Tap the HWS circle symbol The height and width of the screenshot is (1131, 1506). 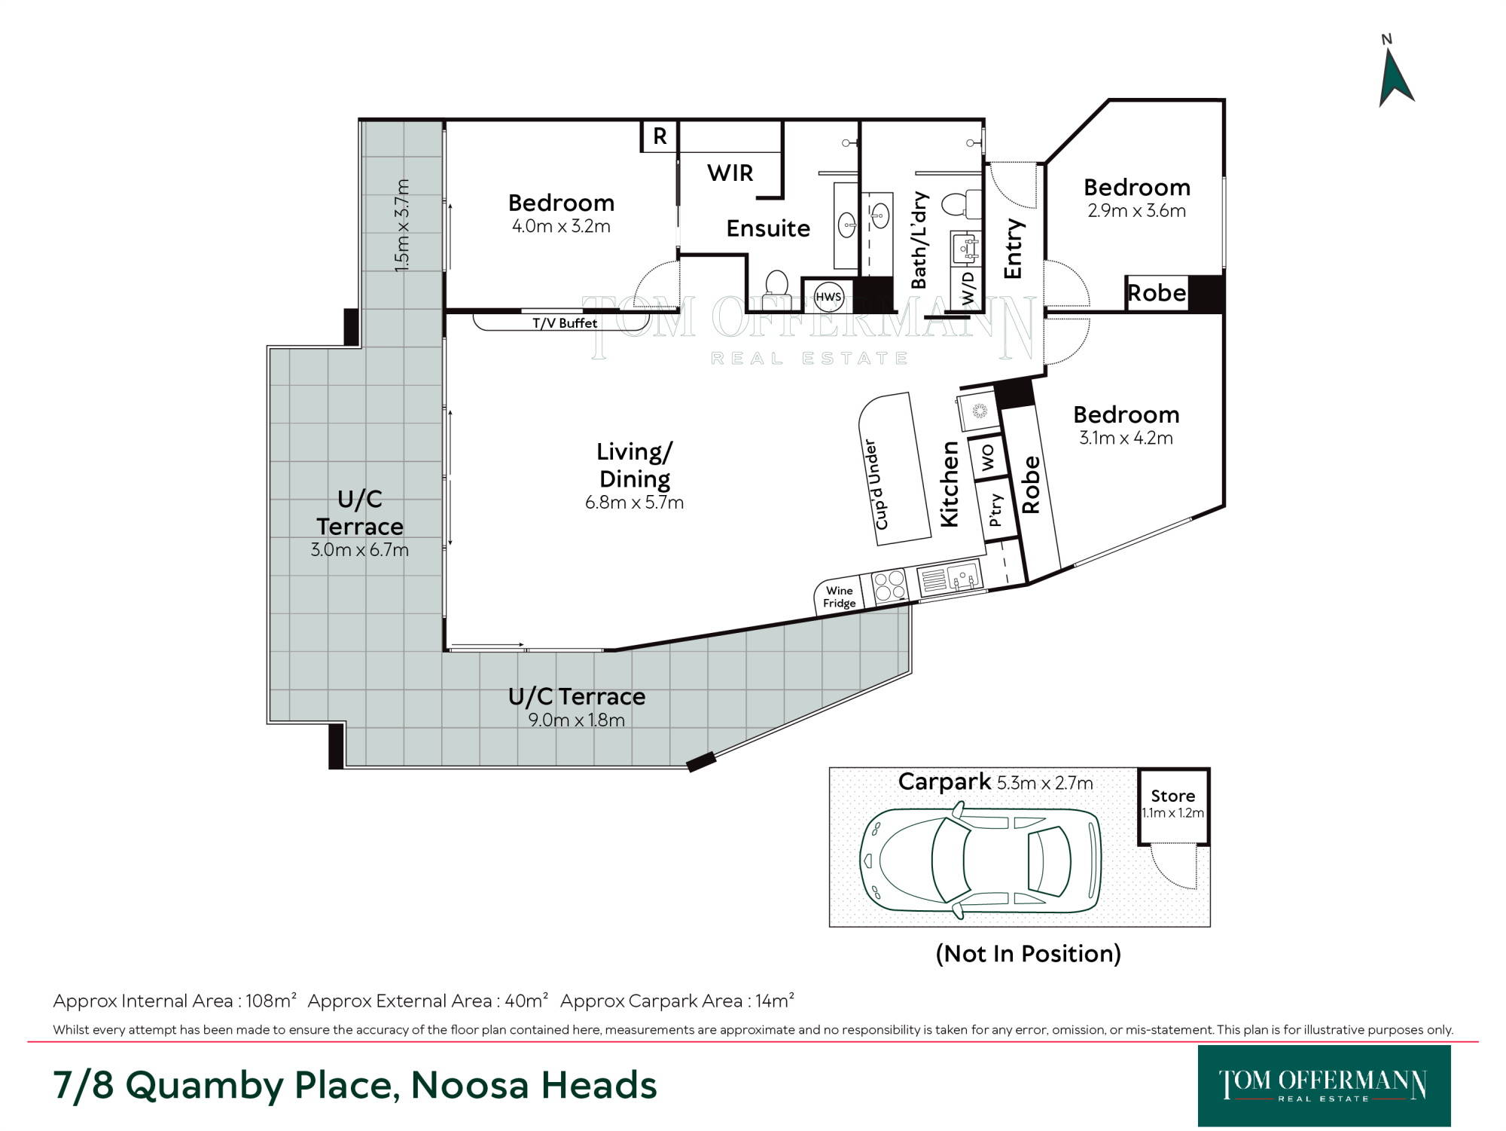pos(828,297)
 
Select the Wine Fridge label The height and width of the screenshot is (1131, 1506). pos(839,597)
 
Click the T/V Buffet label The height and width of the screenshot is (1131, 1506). pos(565,323)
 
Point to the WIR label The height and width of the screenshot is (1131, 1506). pos(730,173)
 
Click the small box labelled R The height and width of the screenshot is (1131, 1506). pos(660,136)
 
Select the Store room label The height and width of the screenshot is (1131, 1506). pos(1172,796)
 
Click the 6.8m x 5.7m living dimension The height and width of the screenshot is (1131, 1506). pos(634,503)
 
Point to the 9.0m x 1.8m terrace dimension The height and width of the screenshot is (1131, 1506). pos(576,720)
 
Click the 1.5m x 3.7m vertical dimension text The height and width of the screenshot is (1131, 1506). pos(402,225)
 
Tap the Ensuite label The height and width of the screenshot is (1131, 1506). pos(768,228)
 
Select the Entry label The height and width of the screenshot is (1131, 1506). pos(1013,249)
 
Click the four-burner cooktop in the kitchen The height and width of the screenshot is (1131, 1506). pos(889,586)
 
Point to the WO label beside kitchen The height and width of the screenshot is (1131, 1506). pos(987,457)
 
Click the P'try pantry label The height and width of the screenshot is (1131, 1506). pos(995,510)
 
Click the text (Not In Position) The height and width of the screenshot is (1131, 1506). pos(1028,954)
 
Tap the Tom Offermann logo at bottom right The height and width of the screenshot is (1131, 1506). pos(1324,1086)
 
